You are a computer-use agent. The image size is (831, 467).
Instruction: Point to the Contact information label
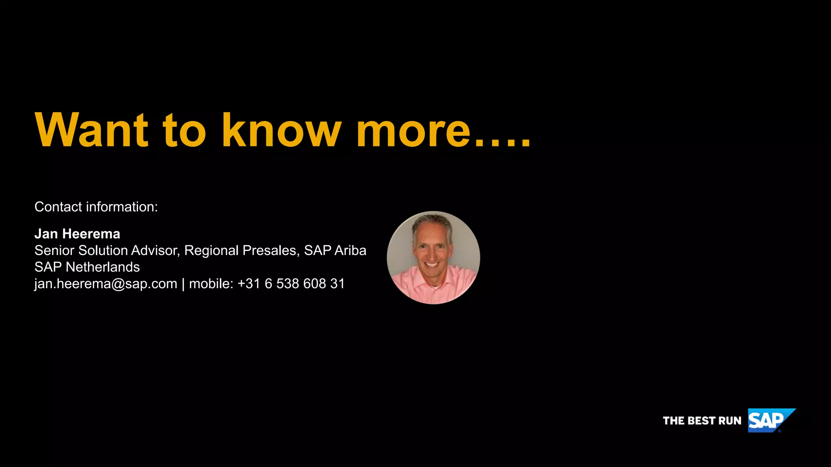pos(96,207)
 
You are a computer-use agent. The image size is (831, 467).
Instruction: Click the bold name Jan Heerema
pos(77,234)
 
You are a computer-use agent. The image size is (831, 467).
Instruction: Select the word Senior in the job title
pos(54,251)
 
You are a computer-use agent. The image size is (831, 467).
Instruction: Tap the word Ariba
pos(350,251)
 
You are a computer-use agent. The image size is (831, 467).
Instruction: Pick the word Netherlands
pos(103,267)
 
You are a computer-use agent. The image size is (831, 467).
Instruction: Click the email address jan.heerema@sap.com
pos(106,284)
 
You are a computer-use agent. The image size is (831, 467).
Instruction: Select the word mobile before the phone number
pos(209,284)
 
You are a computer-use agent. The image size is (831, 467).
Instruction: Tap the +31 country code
pos(249,284)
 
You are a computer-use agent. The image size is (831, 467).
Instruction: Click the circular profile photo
pos(433,257)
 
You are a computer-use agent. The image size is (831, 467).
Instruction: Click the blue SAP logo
pos(769,420)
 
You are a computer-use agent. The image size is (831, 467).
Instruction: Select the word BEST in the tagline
pos(702,421)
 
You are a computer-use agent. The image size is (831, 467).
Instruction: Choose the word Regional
pos(211,251)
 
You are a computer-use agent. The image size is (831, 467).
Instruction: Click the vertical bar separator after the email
pos(183,284)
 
